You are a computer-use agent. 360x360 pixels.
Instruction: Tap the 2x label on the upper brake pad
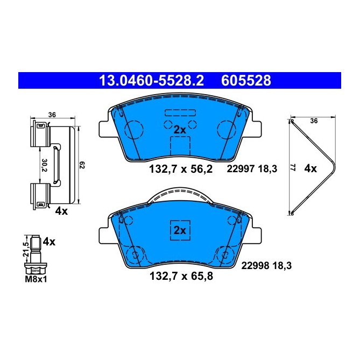pos(180,130)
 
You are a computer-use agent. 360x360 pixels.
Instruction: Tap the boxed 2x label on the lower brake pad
pos(180,230)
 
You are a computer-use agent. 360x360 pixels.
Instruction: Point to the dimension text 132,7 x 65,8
pos(180,278)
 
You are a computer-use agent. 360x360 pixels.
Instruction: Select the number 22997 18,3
pos(252,169)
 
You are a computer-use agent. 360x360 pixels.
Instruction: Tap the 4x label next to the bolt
pos(49,242)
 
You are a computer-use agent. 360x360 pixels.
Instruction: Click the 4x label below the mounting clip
pos(61,211)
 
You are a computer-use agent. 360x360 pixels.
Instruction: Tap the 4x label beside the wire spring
pos(310,168)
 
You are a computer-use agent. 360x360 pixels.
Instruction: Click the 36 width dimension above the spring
pos(314,121)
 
